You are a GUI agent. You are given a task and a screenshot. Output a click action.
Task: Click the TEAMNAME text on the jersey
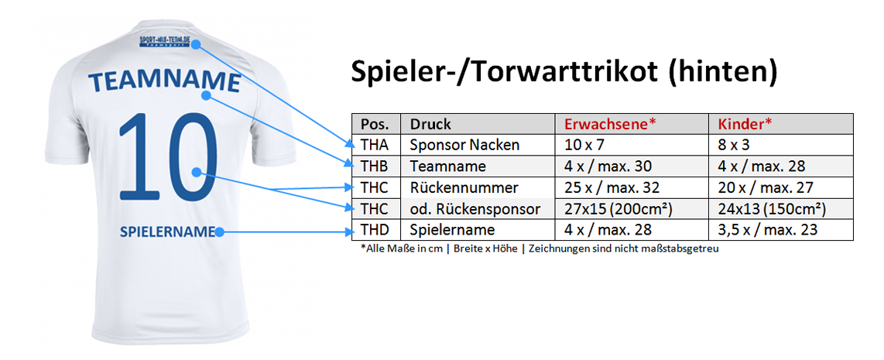click(165, 82)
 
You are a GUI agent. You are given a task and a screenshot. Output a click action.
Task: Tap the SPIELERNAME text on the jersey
click(167, 231)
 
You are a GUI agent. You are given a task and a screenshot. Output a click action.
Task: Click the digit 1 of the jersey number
click(133, 156)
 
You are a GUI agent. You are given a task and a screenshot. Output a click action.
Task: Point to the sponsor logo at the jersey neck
click(165, 42)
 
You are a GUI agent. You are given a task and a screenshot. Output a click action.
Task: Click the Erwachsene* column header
click(610, 124)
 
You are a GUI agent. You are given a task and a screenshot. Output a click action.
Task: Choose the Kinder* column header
click(745, 124)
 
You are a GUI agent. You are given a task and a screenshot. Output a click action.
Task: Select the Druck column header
click(430, 124)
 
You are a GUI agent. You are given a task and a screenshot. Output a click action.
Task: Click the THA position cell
click(375, 145)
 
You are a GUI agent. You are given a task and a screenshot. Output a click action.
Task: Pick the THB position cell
click(375, 166)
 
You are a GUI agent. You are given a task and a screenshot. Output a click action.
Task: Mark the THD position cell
click(375, 230)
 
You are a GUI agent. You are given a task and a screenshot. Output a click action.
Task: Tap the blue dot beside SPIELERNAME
click(219, 231)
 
